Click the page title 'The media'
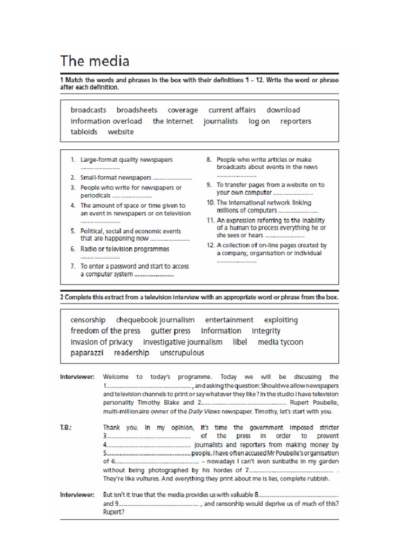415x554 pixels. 95,60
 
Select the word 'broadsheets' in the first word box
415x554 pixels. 137,110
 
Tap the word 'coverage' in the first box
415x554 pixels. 183,110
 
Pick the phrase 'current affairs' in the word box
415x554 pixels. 232,110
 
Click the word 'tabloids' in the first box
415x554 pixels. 84,131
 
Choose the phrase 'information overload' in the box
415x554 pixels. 106,121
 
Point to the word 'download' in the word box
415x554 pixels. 283,110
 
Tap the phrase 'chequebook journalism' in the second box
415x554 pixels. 155,320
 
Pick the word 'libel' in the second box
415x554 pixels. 240,342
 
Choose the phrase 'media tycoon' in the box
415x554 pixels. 280,342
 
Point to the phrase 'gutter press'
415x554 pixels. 170,331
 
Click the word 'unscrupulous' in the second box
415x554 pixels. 182,353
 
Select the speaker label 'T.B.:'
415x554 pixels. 67,427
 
